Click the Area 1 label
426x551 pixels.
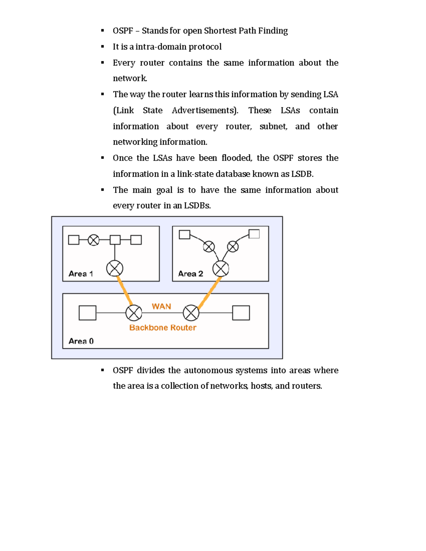81,274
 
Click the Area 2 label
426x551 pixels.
191,274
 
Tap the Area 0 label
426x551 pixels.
81,341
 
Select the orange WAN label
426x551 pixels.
162,306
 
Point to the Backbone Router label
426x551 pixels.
163,327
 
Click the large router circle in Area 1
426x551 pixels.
115,268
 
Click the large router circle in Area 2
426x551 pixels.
221,269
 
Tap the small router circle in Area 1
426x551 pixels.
94,240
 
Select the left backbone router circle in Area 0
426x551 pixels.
134,313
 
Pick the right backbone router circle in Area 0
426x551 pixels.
191,313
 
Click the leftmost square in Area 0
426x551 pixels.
87,313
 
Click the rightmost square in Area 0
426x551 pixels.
241,313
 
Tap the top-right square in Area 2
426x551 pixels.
254,234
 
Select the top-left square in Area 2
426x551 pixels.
185,235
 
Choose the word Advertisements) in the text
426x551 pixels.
205,110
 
